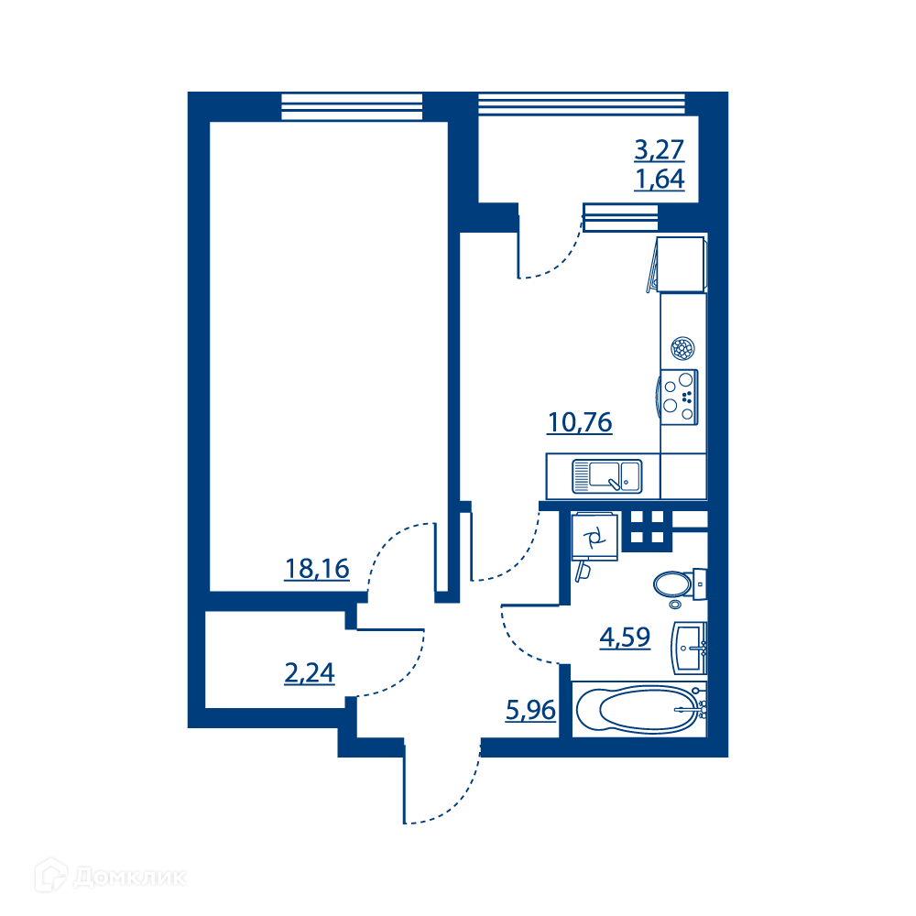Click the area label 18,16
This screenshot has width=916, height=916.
317,569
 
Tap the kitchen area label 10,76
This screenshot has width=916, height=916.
580,422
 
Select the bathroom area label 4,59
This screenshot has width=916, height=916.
625,637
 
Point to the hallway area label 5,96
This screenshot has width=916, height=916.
530,710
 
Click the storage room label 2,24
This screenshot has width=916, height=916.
309,672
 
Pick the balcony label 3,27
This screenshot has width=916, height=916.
659,149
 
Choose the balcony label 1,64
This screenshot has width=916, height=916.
659,179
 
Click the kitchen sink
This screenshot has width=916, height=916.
607,476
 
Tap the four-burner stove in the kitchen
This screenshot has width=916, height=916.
678,398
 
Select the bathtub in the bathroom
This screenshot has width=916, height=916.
639,709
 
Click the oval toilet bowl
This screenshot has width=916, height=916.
672,583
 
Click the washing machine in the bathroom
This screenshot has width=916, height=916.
594,537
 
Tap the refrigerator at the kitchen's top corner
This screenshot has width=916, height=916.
681,264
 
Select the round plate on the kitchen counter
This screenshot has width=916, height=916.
682,349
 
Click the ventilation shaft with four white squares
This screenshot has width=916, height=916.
648,527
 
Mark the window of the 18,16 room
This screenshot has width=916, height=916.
352,107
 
